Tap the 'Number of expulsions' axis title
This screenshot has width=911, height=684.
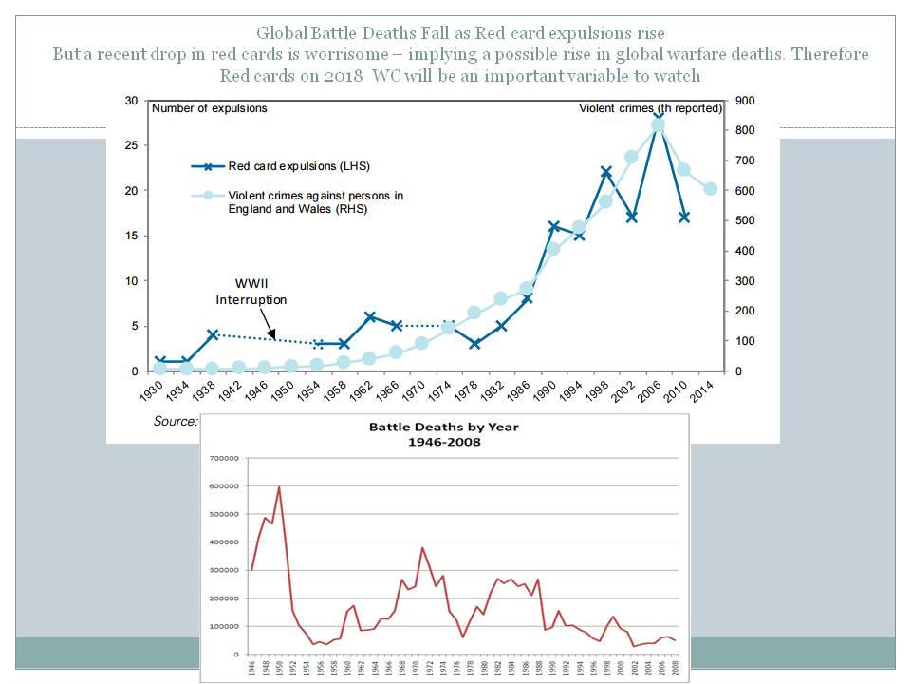(211, 108)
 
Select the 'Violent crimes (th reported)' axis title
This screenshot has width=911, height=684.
(651, 108)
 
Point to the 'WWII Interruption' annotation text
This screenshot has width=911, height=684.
(251, 292)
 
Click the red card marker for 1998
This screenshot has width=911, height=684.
(605, 173)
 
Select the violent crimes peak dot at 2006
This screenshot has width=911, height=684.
(658, 124)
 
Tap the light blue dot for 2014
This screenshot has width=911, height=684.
(710, 189)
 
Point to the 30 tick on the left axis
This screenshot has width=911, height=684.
(131, 101)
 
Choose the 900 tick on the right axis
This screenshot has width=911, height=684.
(743, 101)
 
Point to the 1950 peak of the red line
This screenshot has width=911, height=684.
(279, 487)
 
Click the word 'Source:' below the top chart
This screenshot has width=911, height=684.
(176, 421)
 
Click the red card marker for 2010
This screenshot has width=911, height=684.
(683, 218)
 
